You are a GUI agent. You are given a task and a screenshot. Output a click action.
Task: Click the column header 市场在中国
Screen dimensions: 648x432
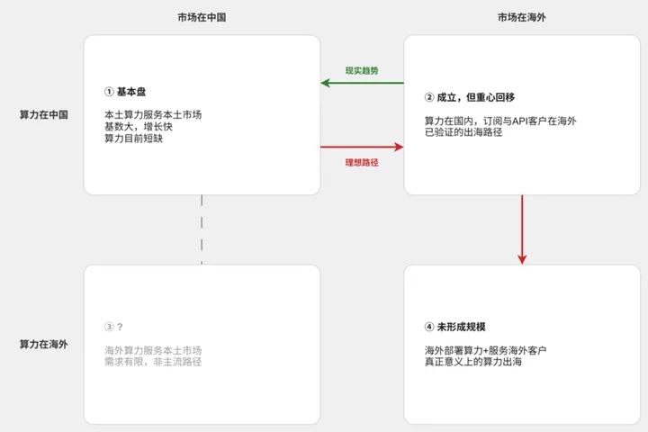(202, 17)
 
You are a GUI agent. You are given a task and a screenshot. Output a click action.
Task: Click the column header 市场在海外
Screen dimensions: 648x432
(522, 17)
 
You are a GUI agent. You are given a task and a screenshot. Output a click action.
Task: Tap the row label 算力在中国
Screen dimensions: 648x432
(44, 114)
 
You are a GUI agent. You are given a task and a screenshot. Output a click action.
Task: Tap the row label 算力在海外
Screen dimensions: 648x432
(44, 344)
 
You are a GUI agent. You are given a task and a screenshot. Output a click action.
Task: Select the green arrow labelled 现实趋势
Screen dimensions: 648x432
(362, 83)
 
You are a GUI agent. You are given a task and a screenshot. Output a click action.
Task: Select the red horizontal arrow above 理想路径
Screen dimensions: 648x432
(362, 147)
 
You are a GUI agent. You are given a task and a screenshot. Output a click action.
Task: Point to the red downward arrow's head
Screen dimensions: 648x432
(522, 259)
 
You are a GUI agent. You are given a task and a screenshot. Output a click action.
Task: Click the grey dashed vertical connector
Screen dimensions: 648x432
(202, 229)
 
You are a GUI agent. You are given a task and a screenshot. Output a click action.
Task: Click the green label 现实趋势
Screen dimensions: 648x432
(362, 71)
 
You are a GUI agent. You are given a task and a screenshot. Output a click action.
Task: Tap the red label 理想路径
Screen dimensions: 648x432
(362, 163)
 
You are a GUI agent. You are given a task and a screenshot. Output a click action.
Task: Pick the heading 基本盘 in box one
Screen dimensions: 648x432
(131, 92)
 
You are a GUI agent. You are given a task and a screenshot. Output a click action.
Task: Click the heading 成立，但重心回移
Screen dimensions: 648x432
(476, 97)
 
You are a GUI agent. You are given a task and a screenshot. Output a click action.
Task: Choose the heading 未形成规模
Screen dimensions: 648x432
(461, 327)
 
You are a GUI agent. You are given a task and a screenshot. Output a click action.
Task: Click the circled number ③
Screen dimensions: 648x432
(109, 327)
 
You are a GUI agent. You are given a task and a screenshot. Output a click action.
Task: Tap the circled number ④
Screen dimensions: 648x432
(429, 327)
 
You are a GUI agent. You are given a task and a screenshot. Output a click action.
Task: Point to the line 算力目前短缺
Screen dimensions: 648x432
(133, 139)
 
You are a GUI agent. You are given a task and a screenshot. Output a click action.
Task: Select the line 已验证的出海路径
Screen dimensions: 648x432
(463, 132)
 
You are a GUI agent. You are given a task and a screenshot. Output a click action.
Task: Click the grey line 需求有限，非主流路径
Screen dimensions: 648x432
(153, 362)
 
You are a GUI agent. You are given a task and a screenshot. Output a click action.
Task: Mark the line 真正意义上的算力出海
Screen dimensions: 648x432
(473, 362)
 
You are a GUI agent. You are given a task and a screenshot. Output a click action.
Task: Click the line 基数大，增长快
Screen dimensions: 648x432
(139, 127)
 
